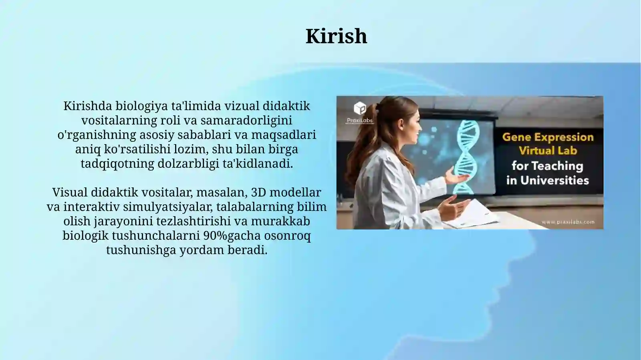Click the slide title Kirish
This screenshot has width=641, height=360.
pyautogui.click(x=336, y=36)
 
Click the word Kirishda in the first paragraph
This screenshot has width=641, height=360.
pyautogui.click(x=87, y=106)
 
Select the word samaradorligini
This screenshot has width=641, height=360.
pyautogui.click(x=246, y=120)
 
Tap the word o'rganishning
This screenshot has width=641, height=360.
pyautogui.click(x=97, y=135)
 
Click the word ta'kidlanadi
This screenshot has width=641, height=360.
pyautogui.click(x=258, y=164)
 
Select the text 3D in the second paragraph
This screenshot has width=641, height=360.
pyautogui.click(x=258, y=193)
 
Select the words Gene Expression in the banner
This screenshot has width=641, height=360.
pyautogui.click(x=548, y=137)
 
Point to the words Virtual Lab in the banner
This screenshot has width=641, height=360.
pyautogui.click(x=548, y=151)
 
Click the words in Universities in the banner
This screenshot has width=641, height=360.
pyautogui.click(x=547, y=181)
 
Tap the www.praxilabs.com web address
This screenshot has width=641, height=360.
pyautogui.click(x=568, y=222)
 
